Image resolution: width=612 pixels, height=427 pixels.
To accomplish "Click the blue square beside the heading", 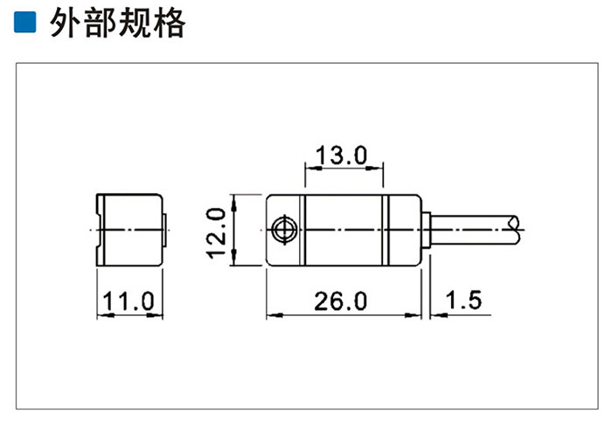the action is [25, 22].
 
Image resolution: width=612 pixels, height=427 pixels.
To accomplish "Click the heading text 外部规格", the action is [117, 23].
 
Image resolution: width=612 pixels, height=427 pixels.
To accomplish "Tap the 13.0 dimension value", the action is [342, 155].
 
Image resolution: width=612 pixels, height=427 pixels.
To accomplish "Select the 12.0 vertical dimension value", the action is [216, 233].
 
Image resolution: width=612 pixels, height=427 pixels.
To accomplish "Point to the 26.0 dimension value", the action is [341, 301].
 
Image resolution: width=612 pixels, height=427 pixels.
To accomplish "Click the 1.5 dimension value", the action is [463, 300].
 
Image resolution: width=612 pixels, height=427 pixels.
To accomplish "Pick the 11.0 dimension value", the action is [129, 301].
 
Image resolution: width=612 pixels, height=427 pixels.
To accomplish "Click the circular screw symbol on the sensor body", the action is [284, 230].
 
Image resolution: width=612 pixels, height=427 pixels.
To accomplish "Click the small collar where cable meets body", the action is [427, 230].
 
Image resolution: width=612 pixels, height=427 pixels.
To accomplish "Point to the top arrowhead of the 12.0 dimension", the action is [233, 203].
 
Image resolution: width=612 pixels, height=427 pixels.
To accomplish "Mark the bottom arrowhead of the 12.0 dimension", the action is [233, 257].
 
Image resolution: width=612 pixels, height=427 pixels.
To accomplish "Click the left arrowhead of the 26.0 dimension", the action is [275, 314].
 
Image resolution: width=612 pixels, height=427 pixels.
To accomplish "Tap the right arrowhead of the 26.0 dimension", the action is [413, 314].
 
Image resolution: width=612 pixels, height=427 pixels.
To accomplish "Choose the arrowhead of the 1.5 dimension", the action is [439, 314].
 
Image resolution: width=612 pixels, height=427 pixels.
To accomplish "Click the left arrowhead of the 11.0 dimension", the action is [106, 314].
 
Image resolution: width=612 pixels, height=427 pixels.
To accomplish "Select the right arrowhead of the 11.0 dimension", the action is [154, 314].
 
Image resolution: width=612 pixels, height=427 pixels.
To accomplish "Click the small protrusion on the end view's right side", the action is [164, 230].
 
